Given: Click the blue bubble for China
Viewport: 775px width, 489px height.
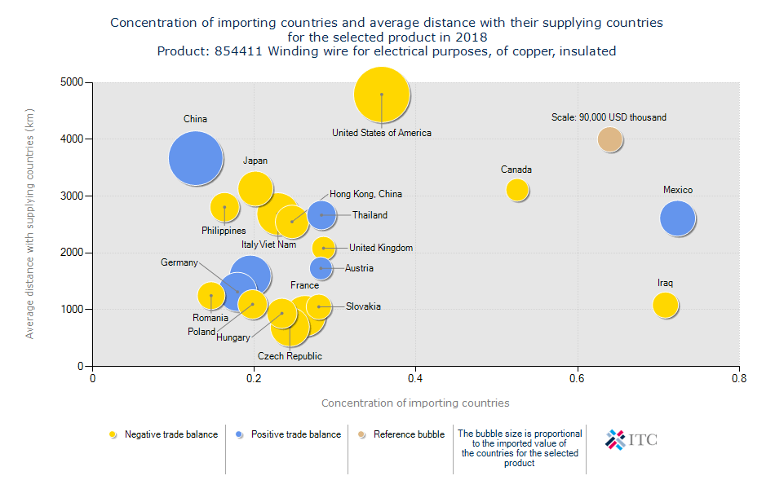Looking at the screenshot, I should [196, 159].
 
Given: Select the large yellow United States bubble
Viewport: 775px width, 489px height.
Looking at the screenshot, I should [382, 95].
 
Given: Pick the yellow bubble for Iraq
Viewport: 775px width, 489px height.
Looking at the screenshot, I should [666, 305].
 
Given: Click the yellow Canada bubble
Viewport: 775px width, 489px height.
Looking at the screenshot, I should [517, 190].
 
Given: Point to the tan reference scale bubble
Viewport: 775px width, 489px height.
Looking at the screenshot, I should [610, 139].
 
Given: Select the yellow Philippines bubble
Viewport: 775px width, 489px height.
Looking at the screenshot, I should [224, 208].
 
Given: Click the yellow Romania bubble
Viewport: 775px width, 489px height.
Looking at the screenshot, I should [211, 295].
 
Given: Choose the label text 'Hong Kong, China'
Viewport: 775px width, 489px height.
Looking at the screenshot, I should [365, 195].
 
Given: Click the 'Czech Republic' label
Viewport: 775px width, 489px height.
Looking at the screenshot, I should [290, 356].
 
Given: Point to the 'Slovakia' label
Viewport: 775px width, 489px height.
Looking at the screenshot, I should [363, 306].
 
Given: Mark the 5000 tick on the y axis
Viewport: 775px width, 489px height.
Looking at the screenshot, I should [72, 82].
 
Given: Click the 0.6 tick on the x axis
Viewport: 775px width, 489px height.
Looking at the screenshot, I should [578, 378].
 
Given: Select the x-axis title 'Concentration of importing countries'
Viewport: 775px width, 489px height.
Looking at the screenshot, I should [415, 403].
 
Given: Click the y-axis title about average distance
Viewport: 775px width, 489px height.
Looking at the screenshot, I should [30, 224].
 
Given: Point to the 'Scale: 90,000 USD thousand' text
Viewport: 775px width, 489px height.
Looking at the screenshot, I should [609, 117].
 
